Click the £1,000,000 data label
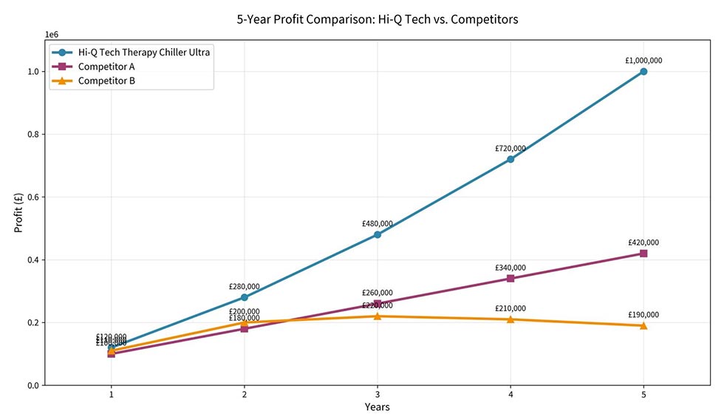[x=643, y=61]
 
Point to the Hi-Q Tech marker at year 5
[x=643, y=72]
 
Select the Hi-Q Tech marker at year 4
[x=510, y=159]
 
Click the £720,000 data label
[x=510, y=149]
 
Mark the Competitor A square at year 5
[x=643, y=254]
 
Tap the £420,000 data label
[x=643, y=243]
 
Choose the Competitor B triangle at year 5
[x=643, y=325]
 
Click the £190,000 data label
[x=643, y=315]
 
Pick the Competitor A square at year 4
[x=510, y=279]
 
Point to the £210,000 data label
[x=510, y=308]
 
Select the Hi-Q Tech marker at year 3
[x=378, y=234]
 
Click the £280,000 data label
[x=245, y=287]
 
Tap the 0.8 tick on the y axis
[x=31, y=135]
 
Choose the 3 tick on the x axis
[x=378, y=394]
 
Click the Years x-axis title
[x=377, y=407]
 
